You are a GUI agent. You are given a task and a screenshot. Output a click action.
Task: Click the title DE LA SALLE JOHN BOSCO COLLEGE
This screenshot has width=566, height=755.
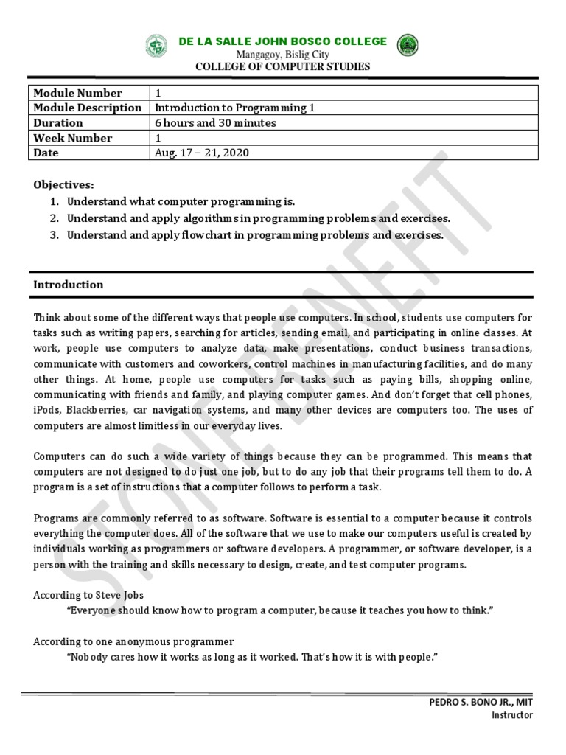coord(282,41)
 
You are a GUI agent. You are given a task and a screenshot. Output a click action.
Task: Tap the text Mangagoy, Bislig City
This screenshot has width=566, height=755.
coord(282,55)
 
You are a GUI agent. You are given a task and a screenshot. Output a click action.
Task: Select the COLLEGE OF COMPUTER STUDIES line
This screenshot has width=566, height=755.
coord(282,67)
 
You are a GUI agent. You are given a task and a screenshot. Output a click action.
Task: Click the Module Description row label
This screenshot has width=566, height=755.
coord(87,108)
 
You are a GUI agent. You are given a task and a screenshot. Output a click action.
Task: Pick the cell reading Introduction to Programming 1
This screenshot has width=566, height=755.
coord(234,108)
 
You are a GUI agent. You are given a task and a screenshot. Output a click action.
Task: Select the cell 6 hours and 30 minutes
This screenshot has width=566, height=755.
coord(215,123)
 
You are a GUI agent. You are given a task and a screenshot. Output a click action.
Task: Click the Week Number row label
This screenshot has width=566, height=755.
coord(72,138)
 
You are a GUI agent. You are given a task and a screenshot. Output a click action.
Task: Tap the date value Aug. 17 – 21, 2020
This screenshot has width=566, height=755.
coord(201,153)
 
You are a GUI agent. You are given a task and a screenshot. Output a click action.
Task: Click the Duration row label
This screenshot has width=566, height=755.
coord(58,123)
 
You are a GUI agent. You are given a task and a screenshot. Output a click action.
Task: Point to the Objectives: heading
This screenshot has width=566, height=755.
coord(63,184)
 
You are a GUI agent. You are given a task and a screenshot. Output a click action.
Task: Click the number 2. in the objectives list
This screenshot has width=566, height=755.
coord(54,218)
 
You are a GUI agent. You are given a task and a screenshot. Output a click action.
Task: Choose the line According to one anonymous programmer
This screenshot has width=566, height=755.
coord(133,641)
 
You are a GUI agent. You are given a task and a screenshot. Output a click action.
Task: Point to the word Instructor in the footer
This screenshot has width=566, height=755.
coord(511,715)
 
